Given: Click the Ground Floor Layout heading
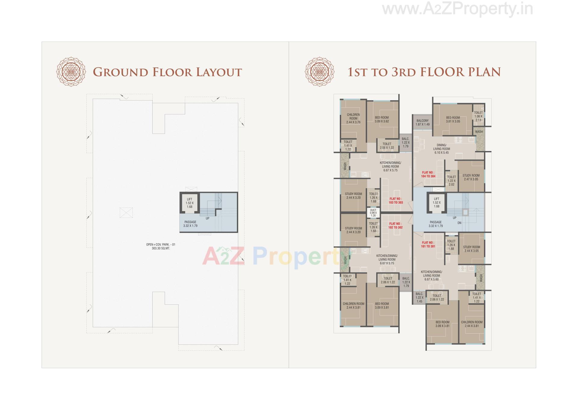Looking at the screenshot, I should click(167, 72).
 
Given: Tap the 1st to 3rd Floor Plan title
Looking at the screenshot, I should click(424, 72).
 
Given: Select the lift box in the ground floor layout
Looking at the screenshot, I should click(189, 203).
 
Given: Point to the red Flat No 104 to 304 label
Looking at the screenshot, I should click(428, 174).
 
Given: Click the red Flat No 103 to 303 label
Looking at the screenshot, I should click(396, 201).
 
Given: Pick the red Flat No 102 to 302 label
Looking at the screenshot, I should click(395, 226).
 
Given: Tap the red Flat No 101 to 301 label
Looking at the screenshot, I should click(428, 245).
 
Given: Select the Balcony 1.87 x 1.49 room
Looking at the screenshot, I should click(422, 122).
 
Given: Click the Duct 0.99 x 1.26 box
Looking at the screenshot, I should click(373, 213).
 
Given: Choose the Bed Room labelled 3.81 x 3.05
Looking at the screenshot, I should click(453, 120).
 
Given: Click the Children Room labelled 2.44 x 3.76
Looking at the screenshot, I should click(353, 119).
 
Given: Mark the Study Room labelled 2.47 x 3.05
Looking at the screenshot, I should click(471, 177).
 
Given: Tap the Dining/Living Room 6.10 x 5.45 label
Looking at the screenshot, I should click(441, 149).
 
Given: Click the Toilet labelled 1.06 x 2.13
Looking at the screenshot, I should click(478, 116).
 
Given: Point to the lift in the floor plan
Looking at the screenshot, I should click(437, 203).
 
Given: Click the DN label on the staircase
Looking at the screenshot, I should click(459, 223).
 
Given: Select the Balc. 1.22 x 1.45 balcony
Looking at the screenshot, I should click(419, 297).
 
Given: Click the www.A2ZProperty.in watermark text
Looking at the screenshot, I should click(457, 9).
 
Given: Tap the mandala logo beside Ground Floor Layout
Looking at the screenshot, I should click(71, 72).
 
